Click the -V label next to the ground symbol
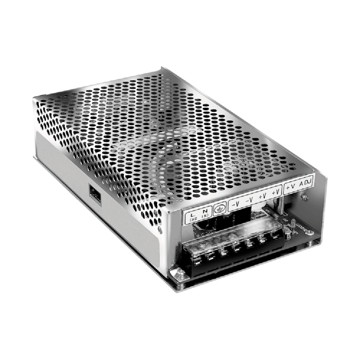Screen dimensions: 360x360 pos(235,204)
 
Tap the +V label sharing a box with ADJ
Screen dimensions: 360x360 pos(291,187)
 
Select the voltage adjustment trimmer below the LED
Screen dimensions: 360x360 pos(289,236)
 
